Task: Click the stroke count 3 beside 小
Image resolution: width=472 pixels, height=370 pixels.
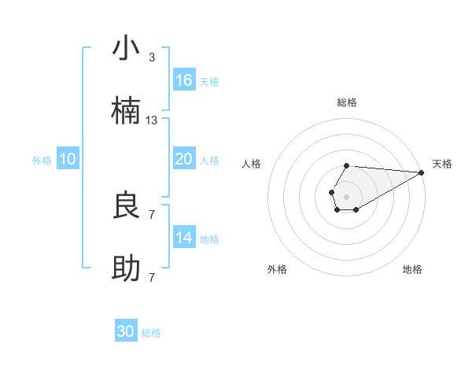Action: click(152, 57)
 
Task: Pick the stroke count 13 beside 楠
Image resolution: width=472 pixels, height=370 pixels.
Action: click(152, 120)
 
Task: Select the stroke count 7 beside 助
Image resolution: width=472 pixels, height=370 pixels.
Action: click(152, 278)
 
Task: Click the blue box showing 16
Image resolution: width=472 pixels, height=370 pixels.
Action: click(184, 80)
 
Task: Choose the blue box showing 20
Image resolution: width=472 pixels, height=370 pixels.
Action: click(184, 159)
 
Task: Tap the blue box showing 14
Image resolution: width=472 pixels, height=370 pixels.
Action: click(184, 238)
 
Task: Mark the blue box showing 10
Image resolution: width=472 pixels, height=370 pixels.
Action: click(68, 159)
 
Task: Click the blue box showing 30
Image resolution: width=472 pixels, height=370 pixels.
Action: click(126, 331)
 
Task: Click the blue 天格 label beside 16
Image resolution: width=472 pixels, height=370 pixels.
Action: click(209, 82)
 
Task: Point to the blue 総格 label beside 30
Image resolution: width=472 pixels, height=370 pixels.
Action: click(151, 333)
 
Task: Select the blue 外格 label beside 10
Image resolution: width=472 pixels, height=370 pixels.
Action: click(42, 161)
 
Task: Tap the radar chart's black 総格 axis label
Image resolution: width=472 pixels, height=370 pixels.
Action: click(347, 102)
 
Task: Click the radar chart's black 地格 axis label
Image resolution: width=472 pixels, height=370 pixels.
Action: click(412, 269)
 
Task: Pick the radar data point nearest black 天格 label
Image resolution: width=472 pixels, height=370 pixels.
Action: click(422, 172)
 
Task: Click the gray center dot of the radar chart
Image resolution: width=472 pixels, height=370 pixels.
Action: click(346, 195)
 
